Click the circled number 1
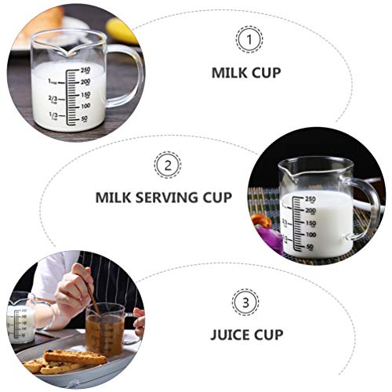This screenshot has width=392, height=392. click(x=249, y=38)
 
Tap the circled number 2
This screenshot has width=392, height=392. click(x=167, y=165)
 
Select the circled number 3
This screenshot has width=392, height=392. click(x=244, y=302)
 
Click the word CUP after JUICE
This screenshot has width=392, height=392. click(x=269, y=335)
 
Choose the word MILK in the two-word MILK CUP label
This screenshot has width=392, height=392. click(x=228, y=72)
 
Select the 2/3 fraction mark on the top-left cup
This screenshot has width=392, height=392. click(x=53, y=98)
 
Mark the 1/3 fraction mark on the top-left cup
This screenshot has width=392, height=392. click(x=53, y=116)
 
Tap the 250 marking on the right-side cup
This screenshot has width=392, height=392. click(x=310, y=199)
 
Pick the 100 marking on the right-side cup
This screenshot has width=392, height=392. click(x=310, y=234)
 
